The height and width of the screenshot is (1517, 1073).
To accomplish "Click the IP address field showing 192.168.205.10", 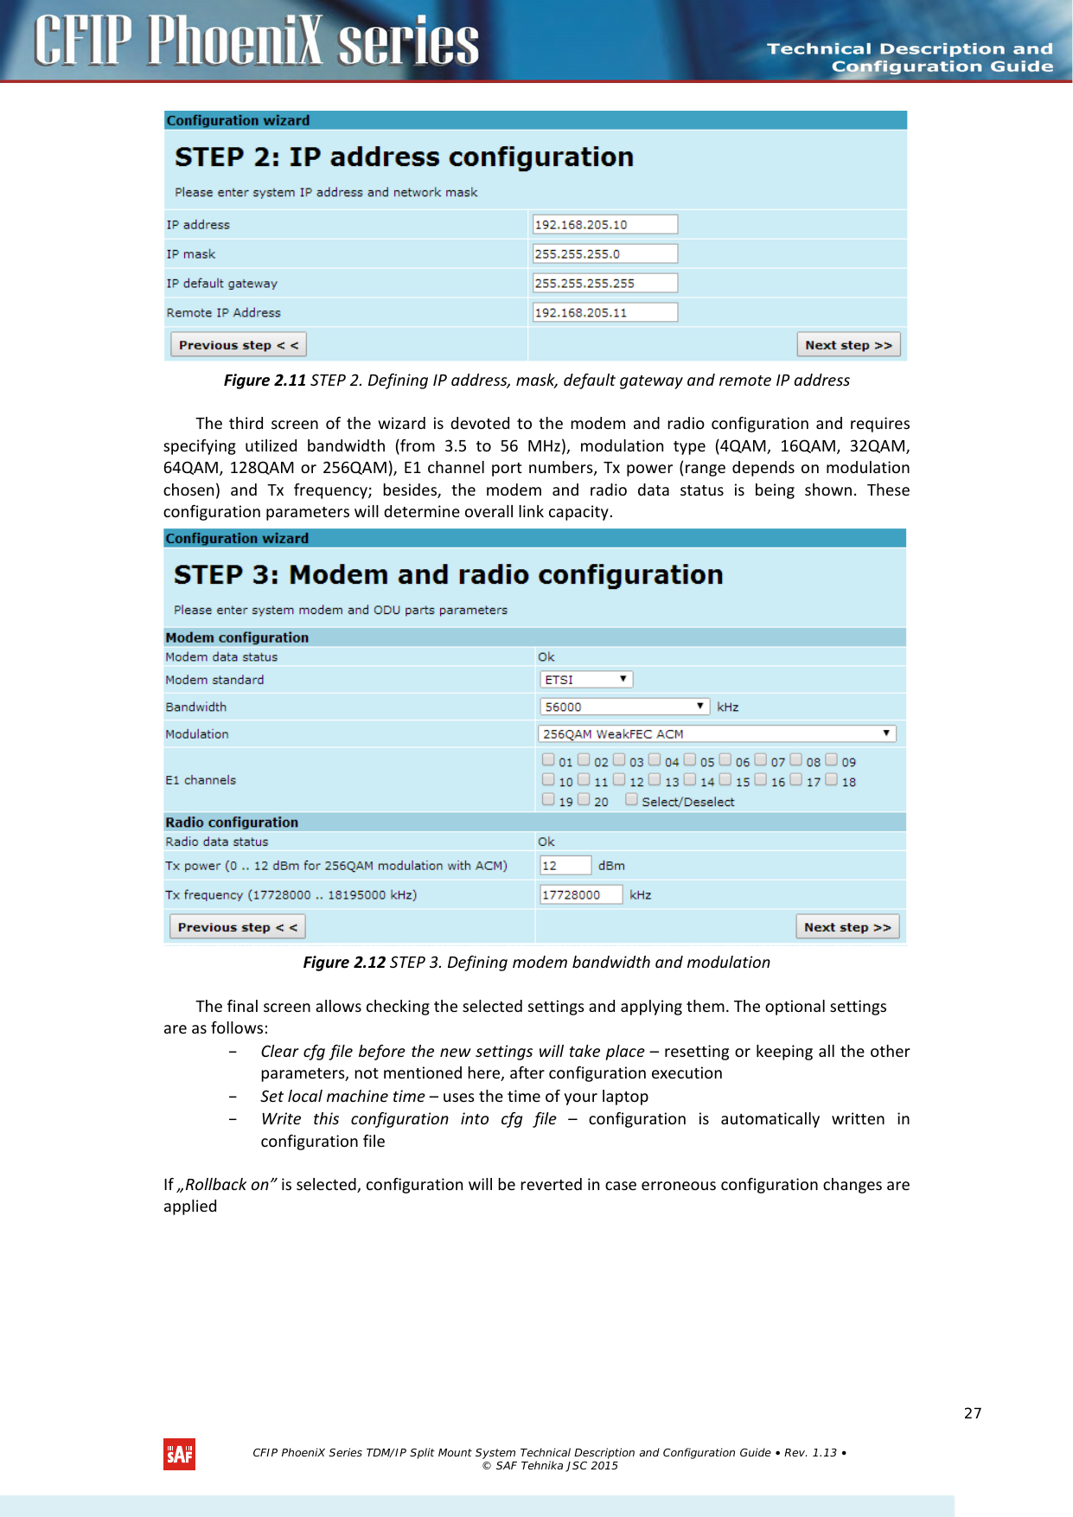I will (604, 225).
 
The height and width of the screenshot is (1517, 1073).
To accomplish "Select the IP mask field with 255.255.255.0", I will (604, 254).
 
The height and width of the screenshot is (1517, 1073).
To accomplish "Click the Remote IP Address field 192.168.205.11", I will (604, 313).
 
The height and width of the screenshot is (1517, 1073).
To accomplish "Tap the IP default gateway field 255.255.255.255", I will (604, 284).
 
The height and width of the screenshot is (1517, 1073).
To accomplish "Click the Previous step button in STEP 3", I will (237, 927).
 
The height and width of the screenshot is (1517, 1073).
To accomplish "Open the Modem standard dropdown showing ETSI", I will (586, 680).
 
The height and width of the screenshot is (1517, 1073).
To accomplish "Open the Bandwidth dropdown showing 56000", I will (624, 707).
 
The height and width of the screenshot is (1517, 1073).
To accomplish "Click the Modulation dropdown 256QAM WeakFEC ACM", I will (717, 734).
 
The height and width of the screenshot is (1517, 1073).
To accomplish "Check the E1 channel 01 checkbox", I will (548, 760).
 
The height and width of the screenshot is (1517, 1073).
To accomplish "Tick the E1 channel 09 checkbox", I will (831, 760).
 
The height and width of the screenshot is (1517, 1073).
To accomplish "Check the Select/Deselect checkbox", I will (631, 800).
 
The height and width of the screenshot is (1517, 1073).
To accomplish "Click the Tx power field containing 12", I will (565, 866).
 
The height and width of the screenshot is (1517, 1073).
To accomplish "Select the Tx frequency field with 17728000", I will (580, 895).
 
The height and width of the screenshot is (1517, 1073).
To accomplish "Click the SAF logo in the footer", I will (179, 1454).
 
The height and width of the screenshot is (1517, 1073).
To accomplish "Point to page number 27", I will (973, 1413).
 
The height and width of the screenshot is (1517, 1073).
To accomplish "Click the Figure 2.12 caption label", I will (343, 963).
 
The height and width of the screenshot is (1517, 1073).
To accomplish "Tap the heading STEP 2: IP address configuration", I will (404, 157).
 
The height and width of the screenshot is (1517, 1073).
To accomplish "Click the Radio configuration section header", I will (232, 823).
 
